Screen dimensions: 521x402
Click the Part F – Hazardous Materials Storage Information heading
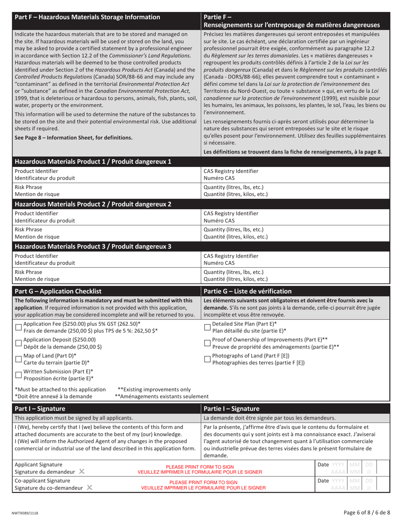click(x=88, y=17)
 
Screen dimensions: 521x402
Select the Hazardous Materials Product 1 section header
click(x=93, y=161)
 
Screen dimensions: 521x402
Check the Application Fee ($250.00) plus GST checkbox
click(x=18, y=327)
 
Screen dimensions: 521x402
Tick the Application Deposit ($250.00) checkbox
click(x=18, y=343)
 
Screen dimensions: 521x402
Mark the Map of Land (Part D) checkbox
click(x=18, y=359)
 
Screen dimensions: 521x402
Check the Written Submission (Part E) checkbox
click(x=18, y=375)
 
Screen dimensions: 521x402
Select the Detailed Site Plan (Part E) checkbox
click(x=207, y=327)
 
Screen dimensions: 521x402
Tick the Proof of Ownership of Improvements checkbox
click(x=207, y=343)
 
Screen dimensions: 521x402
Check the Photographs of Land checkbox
click(x=207, y=359)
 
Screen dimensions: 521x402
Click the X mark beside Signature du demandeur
click(x=82, y=471)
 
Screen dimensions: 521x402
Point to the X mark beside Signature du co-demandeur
click(x=89, y=487)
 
